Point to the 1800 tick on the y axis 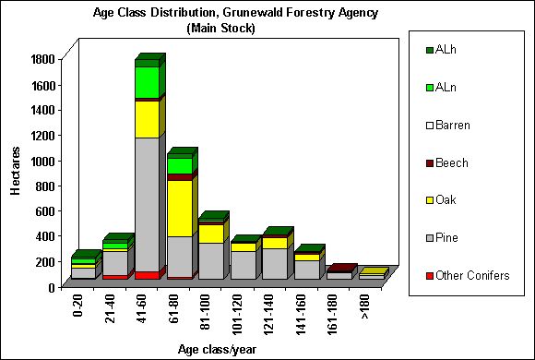coord(44,60)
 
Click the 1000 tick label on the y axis coord(44,161)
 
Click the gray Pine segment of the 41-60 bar coord(147,203)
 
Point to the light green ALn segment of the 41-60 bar coord(147,82)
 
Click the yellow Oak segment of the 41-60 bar coord(147,118)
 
